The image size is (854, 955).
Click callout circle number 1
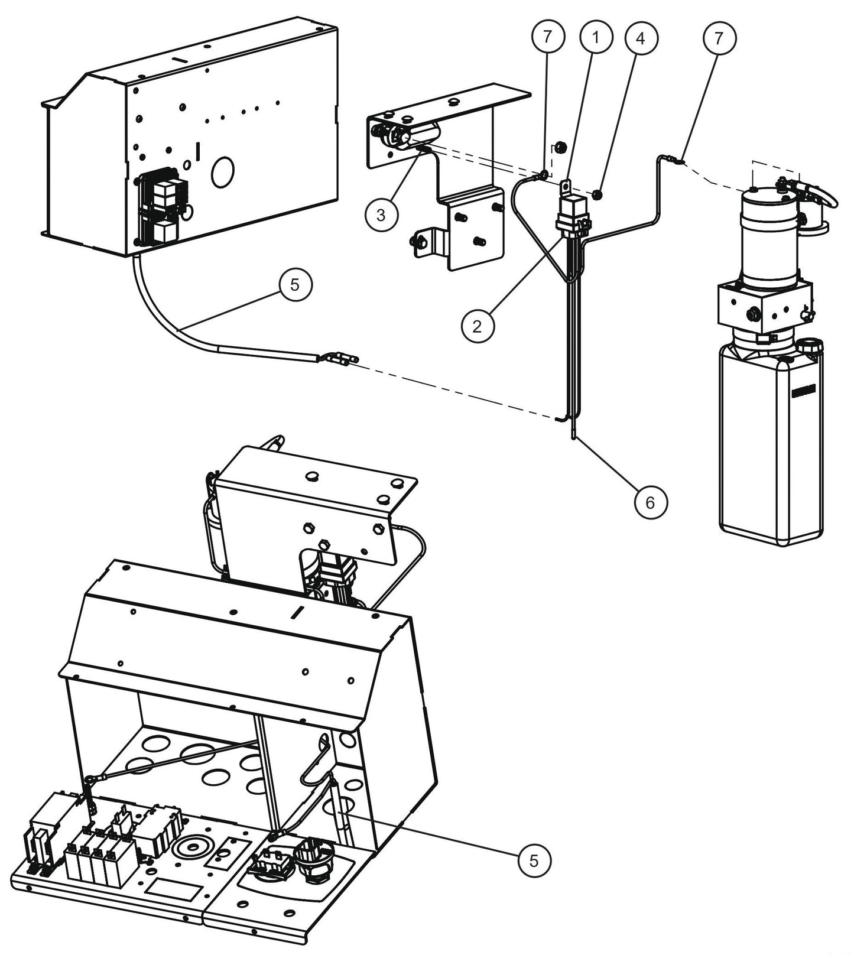(x=595, y=38)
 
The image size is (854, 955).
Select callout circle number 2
(x=478, y=324)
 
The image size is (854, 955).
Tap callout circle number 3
(x=381, y=215)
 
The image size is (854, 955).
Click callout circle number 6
(x=650, y=502)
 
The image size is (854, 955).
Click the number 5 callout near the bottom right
(x=534, y=861)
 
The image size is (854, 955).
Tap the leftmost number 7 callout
(x=547, y=38)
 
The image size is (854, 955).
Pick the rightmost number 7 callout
(x=719, y=38)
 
